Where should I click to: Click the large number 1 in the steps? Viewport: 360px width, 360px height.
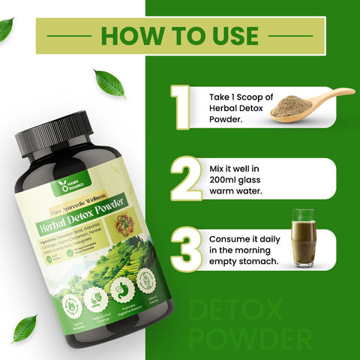[181, 106]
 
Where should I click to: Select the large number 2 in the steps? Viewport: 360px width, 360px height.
[183, 178]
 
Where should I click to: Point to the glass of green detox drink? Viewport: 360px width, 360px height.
[303, 238]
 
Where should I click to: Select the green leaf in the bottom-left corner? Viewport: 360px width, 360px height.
[24, 328]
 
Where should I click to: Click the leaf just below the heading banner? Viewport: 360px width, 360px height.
[109, 82]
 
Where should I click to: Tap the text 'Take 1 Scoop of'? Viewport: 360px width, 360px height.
[240, 97]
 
